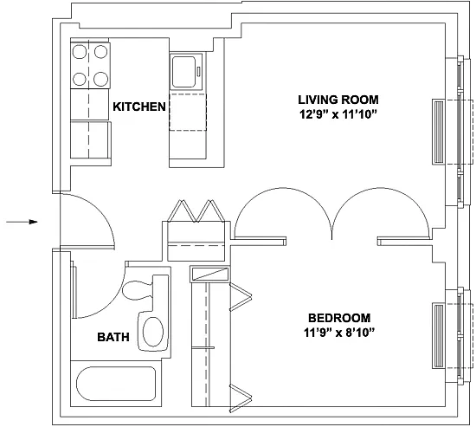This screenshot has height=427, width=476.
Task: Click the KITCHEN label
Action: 139,107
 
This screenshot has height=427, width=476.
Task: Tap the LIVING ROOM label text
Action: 338,100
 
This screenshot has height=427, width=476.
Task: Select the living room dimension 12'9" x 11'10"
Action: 338,115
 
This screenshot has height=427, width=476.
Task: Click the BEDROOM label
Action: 339,318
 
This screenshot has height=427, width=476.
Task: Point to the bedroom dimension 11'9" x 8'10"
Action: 338,333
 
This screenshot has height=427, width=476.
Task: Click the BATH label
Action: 113,337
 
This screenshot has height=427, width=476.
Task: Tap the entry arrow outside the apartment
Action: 22,222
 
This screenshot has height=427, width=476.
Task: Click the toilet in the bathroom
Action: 145,290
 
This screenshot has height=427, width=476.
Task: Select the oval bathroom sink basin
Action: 153,332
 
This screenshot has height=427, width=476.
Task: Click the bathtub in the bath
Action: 116,384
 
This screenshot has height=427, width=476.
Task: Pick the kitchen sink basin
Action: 183,72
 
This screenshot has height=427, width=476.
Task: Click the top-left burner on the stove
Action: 80,52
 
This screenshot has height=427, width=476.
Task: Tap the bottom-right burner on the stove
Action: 100,79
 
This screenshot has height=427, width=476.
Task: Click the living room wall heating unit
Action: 439,133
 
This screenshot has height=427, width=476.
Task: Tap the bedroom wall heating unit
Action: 439,336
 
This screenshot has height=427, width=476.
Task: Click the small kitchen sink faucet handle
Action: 198,72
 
